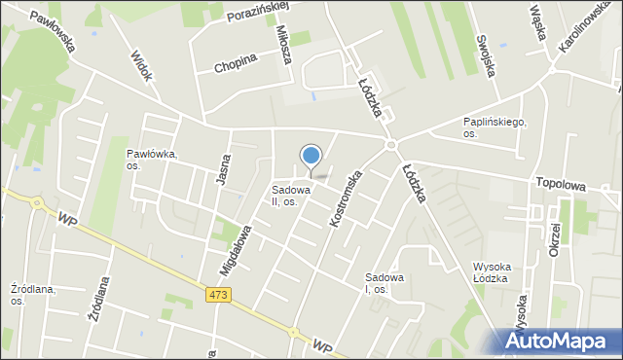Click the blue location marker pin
coord(311,157)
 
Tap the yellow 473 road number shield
coord(218,295)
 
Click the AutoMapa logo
coord(558,340)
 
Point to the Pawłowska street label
coord(52,30)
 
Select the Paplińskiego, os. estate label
coord(495,127)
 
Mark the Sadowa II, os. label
coord(291,196)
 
